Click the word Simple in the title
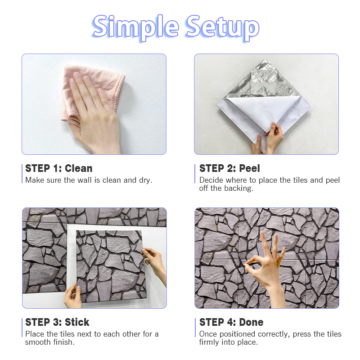pos(136,27)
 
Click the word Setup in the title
pos(222,27)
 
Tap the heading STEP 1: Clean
pos(59,168)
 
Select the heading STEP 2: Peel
pos(229,168)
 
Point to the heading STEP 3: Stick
pos(57,322)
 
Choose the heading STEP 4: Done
pos(231,322)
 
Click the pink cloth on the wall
pos(92,92)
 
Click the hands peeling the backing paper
pos(269,139)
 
